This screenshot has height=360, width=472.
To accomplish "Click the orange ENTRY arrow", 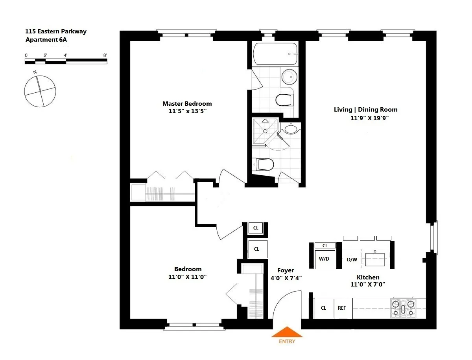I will [x=287, y=332].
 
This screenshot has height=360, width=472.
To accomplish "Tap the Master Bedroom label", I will [x=187, y=104].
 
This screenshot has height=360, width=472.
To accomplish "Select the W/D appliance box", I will [x=325, y=259].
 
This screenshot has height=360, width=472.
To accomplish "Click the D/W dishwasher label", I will [x=352, y=260].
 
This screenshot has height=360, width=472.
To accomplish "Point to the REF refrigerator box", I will [x=342, y=308].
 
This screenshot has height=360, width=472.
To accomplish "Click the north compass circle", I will [x=40, y=91].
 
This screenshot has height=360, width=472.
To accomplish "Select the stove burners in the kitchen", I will [x=403, y=308].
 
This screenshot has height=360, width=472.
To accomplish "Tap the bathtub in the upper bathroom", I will [x=275, y=54].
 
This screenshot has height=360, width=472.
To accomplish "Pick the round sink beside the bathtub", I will [x=290, y=76].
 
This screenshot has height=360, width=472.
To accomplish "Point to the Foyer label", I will [x=286, y=270].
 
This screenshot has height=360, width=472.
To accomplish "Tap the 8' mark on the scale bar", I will [x=105, y=55].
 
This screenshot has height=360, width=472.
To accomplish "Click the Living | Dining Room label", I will [x=366, y=110].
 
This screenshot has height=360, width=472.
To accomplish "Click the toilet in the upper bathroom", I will [x=284, y=100].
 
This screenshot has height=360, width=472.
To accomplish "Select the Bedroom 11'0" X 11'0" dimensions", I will [x=188, y=277].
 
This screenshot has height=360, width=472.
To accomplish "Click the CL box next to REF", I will [x=324, y=308].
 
